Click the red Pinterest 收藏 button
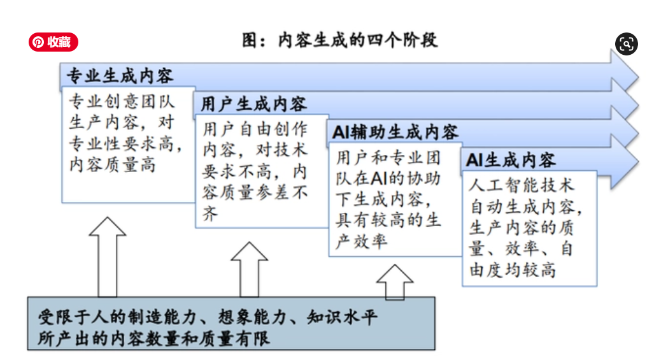click(x=53, y=42)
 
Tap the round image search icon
click(x=627, y=44)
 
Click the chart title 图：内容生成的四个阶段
click(x=340, y=41)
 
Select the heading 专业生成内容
click(x=120, y=76)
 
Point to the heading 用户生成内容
click(x=254, y=104)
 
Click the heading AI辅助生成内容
click(x=395, y=132)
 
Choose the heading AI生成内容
click(x=511, y=161)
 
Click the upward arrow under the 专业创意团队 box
click(x=108, y=257)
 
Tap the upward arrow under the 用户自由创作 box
click(x=249, y=270)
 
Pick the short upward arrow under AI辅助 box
click(x=395, y=282)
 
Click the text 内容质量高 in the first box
click(x=113, y=164)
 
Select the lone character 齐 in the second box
click(x=210, y=213)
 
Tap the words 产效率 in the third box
click(x=361, y=241)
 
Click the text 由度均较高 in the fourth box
click(x=513, y=270)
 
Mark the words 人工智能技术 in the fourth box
click(x=522, y=185)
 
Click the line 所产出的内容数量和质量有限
click(x=153, y=338)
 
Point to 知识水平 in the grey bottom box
click(x=342, y=317)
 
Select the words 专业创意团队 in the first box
click(x=122, y=101)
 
